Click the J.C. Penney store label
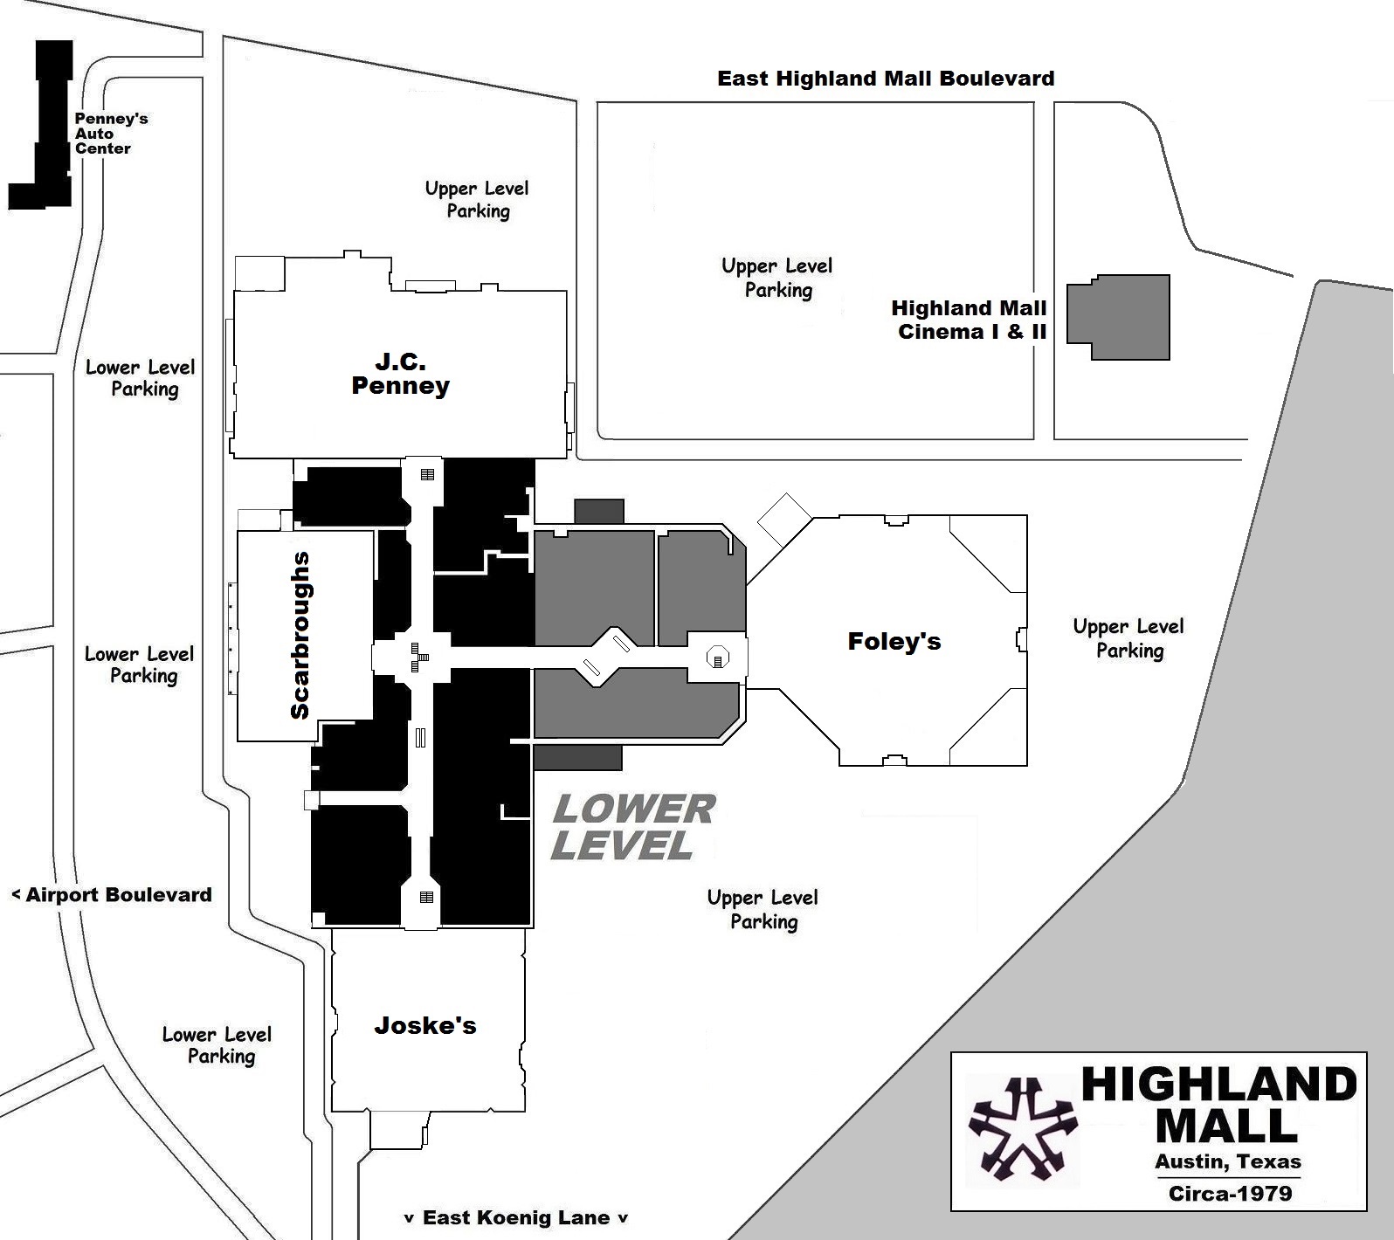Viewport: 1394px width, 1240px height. pos(400,374)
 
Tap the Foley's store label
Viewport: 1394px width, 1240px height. pos(894,642)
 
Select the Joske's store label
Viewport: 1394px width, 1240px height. pos(425,1025)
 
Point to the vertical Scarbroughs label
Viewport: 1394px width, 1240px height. pos(300,636)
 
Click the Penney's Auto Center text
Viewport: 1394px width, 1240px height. pos(109,134)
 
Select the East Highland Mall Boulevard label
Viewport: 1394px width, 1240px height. pos(885,79)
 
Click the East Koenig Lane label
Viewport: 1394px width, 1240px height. pos(515,1217)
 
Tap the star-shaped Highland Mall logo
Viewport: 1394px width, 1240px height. pos(1022,1129)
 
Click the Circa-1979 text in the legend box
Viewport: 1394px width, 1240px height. pos(1230,1193)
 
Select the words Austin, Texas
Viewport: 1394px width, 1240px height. pos(1227,1162)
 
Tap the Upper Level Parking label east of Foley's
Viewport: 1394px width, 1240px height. pos(1128,638)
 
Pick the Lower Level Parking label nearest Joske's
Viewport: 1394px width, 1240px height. pos(218,1045)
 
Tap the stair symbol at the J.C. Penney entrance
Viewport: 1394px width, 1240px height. pos(427,474)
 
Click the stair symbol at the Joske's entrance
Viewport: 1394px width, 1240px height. pos(426,897)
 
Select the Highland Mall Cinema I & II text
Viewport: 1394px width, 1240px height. pos(970,320)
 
